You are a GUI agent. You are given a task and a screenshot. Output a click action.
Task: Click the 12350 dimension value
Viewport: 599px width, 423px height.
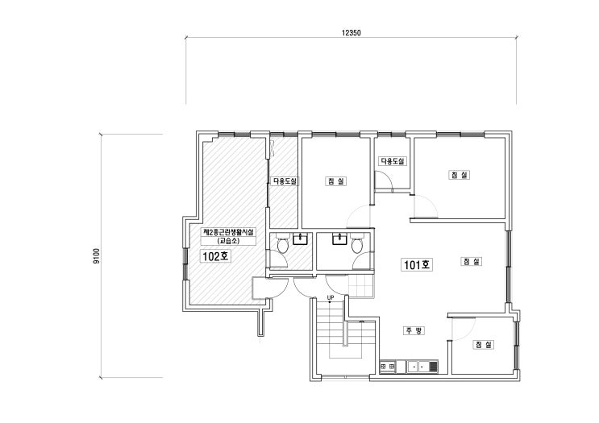(x=351, y=33)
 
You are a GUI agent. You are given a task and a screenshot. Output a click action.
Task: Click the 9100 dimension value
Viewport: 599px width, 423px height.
(x=96, y=256)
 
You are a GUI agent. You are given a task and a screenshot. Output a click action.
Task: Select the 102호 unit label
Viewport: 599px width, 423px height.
(x=215, y=256)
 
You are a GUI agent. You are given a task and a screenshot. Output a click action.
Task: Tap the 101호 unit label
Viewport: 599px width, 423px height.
(x=417, y=264)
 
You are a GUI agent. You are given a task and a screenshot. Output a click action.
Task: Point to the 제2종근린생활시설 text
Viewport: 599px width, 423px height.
(x=228, y=233)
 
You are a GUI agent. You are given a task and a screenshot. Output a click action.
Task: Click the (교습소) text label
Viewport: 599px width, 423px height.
(x=228, y=241)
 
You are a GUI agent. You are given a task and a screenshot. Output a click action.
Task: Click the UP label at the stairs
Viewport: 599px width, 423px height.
(x=331, y=297)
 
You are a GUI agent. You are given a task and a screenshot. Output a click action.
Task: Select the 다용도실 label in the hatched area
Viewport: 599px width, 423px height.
(x=285, y=181)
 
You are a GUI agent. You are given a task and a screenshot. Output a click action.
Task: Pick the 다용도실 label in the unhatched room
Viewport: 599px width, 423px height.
(x=393, y=161)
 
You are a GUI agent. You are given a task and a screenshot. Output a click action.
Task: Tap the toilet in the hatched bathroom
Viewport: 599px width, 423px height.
(x=283, y=245)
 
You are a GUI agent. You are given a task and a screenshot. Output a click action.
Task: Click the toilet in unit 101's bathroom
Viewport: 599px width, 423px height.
(x=357, y=245)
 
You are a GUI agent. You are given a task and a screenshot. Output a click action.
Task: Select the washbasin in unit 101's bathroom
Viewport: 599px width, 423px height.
(x=339, y=238)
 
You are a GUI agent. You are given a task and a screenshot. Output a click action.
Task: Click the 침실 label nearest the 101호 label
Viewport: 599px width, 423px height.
(x=472, y=262)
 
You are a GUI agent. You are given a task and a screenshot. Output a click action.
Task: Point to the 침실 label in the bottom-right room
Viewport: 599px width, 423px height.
(x=484, y=345)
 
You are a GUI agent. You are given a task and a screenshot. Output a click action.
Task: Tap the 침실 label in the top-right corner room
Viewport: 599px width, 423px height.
(x=460, y=175)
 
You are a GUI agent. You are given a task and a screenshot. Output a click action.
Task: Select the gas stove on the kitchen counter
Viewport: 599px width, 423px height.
(x=387, y=367)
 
